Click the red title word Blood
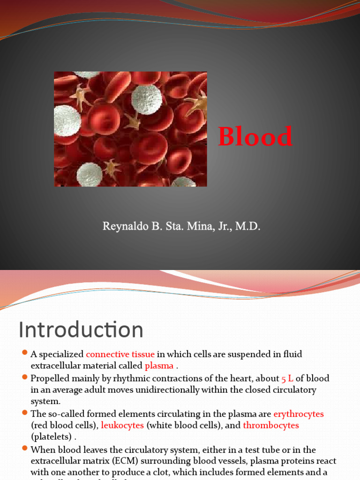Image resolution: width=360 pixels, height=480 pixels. click(x=255, y=137)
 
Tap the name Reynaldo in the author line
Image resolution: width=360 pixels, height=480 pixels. click(x=123, y=227)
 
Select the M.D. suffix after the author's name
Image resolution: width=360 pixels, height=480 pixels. click(x=247, y=227)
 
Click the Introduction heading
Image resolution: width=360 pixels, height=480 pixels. click(x=81, y=330)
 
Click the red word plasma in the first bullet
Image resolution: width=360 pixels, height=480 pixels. click(x=159, y=366)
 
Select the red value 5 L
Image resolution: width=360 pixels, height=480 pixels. click(x=287, y=378)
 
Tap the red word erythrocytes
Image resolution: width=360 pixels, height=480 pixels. click(x=298, y=414)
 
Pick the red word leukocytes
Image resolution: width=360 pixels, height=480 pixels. click(x=122, y=426)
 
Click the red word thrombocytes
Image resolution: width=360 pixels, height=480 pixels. click(x=270, y=426)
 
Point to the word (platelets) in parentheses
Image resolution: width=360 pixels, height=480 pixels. click(x=52, y=437)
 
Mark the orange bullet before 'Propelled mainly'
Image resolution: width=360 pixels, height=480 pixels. click(x=25, y=378)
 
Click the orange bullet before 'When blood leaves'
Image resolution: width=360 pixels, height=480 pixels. click(x=25, y=449)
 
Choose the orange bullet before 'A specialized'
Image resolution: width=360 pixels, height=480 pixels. click(x=25, y=354)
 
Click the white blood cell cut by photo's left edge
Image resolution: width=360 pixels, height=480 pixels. click(x=66, y=120)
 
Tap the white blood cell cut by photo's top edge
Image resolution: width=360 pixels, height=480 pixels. click(x=86, y=74)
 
